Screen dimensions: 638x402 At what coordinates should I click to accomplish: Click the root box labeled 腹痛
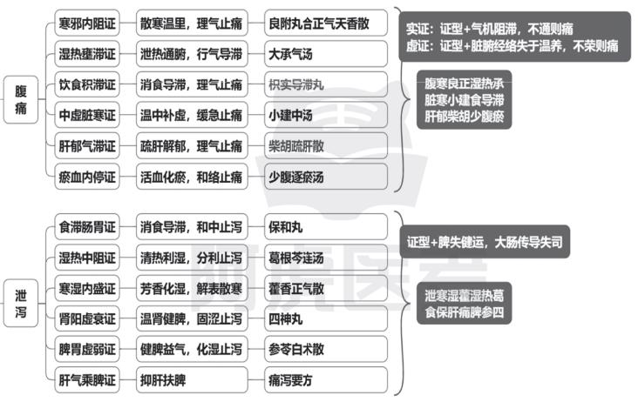[21, 99]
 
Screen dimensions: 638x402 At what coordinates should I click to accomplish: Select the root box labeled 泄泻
[21, 303]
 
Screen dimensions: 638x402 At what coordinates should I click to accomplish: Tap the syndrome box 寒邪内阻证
[87, 23]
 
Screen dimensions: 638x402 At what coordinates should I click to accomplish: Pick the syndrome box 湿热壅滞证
[87, 54]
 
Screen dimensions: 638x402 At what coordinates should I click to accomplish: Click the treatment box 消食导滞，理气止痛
[192, 84]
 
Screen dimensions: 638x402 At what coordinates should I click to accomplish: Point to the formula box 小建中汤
[325, 116]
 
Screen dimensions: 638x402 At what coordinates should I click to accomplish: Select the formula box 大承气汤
[325, 54]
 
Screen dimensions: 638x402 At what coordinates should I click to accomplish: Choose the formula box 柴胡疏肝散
[325, 146]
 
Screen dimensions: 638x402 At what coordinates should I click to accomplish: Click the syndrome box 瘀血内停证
[87, 177]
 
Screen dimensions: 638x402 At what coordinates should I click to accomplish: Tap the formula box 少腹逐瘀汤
[325, 177]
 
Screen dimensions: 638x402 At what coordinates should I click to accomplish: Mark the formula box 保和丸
[325, 226]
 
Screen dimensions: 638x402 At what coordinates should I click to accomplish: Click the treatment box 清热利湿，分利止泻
[192, 258]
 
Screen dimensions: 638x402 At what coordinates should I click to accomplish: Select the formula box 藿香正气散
[325, 288]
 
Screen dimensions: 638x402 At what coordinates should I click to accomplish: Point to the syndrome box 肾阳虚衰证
[87, 318]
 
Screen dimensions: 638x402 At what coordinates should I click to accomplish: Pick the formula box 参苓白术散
[325, 349]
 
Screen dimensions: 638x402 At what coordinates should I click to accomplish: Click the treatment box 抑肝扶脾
[192, 380]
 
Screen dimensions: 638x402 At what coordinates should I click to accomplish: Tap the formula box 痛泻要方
[325, 380]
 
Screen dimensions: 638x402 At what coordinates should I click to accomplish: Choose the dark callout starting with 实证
[515, 37]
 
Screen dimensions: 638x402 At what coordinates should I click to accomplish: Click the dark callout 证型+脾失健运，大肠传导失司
[485, 242]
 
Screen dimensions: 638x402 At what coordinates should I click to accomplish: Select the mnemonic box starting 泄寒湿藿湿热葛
[465, 304]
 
